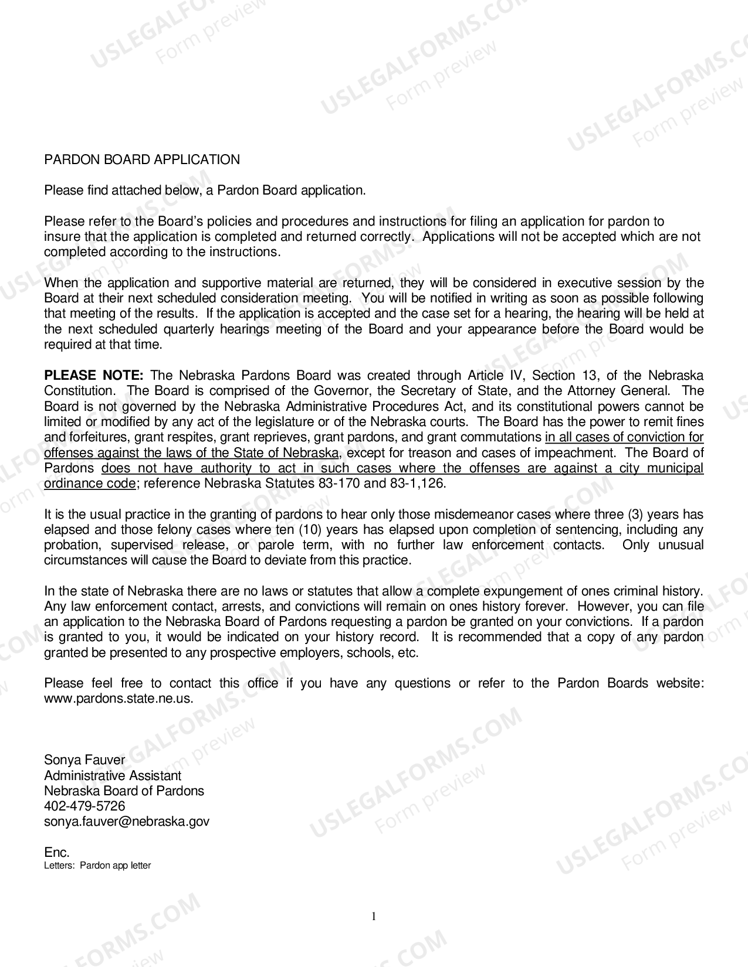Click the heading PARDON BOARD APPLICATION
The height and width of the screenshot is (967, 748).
142,160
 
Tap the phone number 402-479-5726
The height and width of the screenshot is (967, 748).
84,806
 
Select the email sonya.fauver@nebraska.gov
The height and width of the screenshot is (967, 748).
127,822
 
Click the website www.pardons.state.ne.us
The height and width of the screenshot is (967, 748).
118,699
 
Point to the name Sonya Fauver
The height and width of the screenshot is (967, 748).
84,760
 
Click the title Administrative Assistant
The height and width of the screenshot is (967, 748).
113,776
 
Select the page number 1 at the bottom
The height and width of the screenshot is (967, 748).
374,917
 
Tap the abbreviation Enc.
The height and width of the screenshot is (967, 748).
57,853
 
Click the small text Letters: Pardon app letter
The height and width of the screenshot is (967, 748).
97,866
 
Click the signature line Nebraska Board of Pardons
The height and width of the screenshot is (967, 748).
124,791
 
